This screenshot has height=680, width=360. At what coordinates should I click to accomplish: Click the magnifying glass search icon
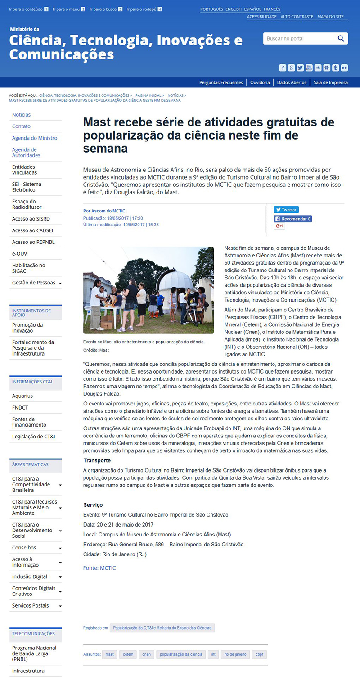[x=341, y=39]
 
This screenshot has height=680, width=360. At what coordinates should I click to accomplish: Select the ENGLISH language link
[x=234, y=9]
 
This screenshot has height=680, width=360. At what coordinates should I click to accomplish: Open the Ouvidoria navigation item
[x=260, y=82]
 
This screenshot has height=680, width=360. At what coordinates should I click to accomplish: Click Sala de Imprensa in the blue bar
[x=330, y=82]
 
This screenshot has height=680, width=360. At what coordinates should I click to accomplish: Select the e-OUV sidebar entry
[x=20, y=254]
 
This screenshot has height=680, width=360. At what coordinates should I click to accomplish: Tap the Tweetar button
[x=286, y=210]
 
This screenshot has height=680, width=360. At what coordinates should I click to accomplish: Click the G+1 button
[x=279, y=226]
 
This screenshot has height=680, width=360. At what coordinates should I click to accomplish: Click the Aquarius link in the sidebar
[x=22, y=396]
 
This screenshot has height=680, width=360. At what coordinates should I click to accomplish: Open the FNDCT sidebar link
[x=20, y=408]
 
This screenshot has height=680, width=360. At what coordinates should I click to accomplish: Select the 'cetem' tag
[x=128, y=654]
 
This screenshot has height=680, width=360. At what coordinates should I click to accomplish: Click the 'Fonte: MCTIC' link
[x=99, y=568]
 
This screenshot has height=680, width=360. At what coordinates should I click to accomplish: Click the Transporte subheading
[x=97, y=460]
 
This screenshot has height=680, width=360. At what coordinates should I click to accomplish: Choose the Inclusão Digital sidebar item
[x=30, y=576]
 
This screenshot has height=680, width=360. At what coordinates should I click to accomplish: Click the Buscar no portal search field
[x=299, y=39]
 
